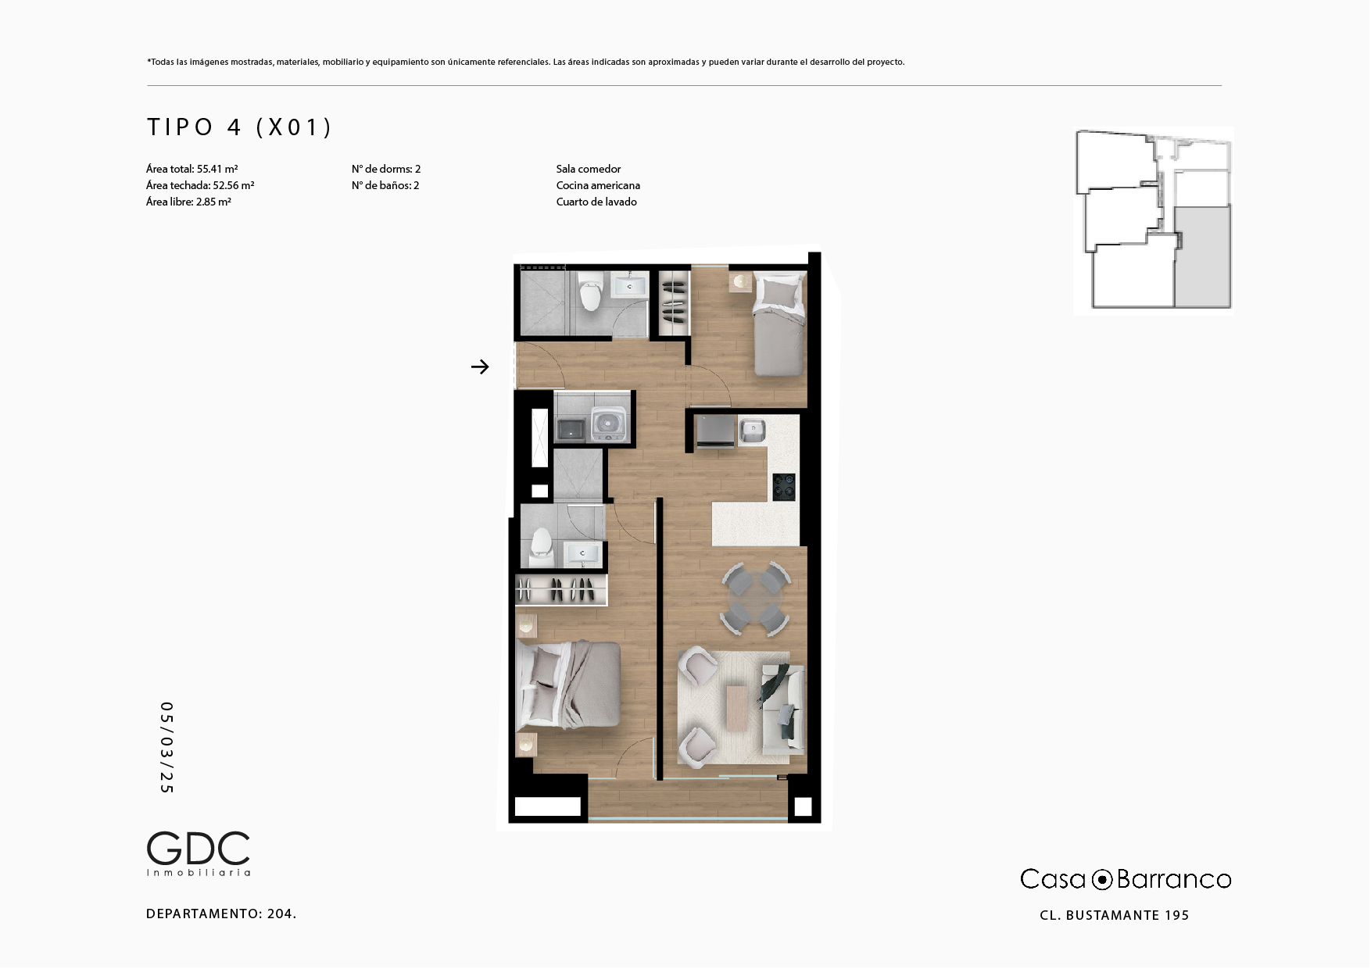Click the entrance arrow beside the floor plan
pyautogui.click(x=480, y=367)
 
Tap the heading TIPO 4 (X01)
pyautogui.click(x=240, y=127)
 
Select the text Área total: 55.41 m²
pyautogui.click(x=192, y=169)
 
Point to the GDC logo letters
pyautogui.click(x=199, y=848)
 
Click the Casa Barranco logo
pyautogui.click(x=1126, y=879)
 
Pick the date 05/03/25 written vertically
pyautogui.click(x=166, y=748)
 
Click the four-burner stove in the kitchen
pyautogui.click(x=784, y=486)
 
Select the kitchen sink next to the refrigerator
pyautogui.click(x=752, y=431)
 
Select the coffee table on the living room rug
pyautogui.click(x=736, y=708)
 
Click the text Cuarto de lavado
pyautogui.click(x=596, y=202)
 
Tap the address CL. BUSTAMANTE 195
pyautogui.click(x=1114, y=915)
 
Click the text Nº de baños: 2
pyautogui.click(x=385, y=185)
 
